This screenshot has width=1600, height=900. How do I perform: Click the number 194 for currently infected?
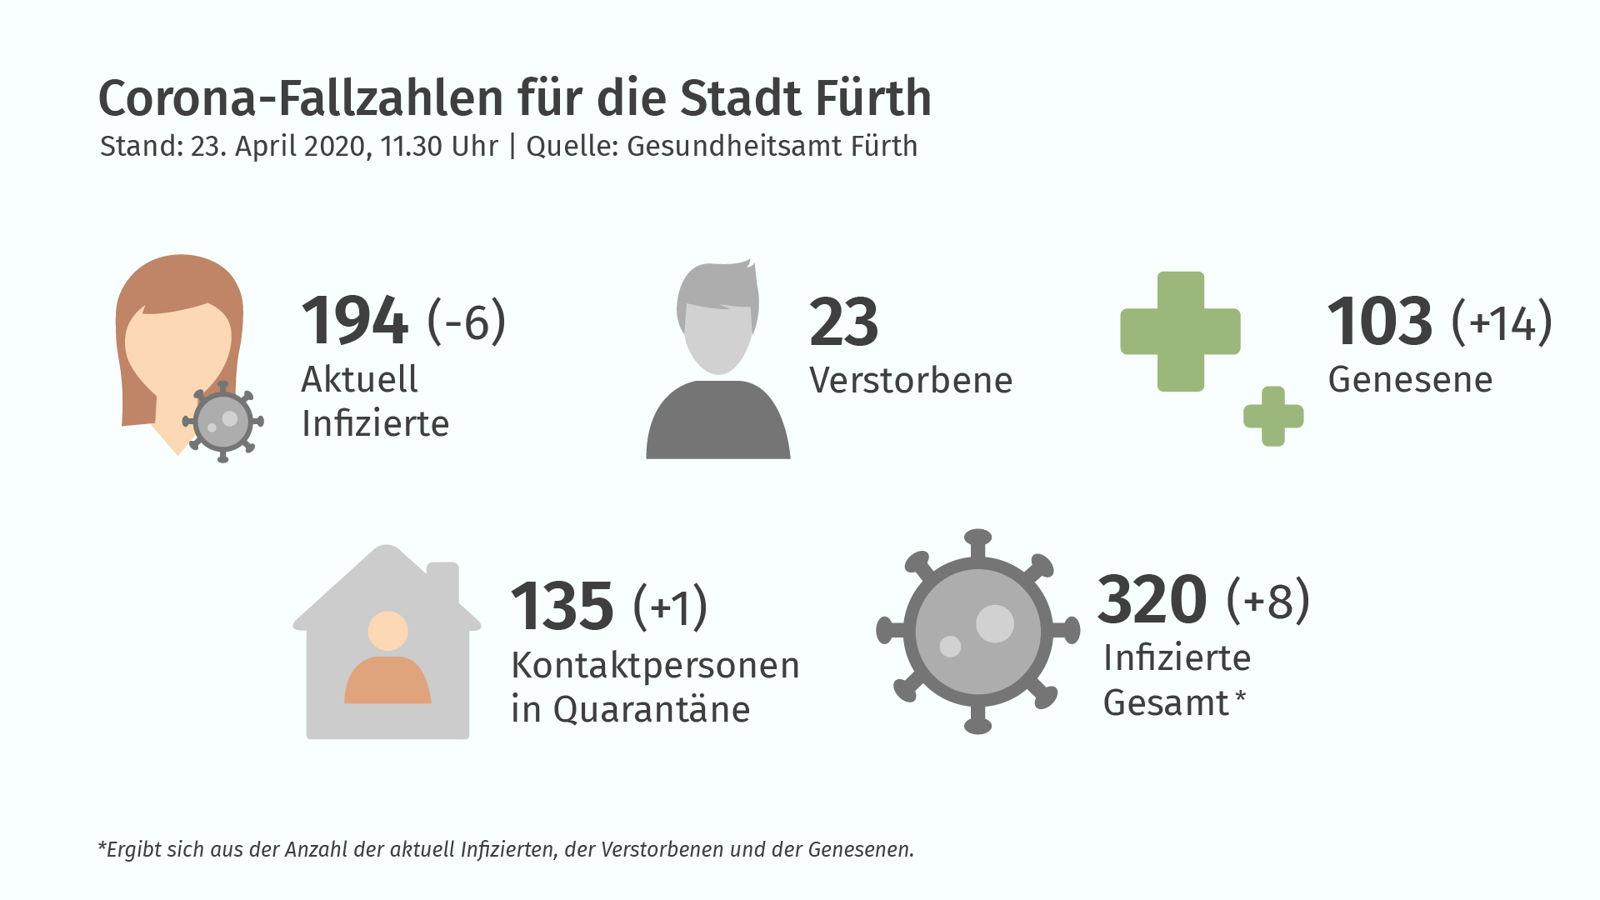pos(355,320)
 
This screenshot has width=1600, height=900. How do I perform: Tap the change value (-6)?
pos(467,321)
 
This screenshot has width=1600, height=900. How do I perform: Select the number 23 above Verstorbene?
pos(843,322)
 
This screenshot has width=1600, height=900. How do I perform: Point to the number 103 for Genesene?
pos(1380,321)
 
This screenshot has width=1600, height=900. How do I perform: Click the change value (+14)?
pos(1502,322)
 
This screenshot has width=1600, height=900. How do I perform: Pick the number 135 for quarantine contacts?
pos(562,606)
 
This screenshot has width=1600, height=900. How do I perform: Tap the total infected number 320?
pos(1152,599)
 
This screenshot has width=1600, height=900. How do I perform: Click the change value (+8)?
pos(1268,600)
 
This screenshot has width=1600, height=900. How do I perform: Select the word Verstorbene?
pos(911,381)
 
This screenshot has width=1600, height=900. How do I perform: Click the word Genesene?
pos(1410,380)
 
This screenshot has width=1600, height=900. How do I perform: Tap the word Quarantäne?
pos(652,710)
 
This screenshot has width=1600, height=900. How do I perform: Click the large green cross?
pos(1181,332)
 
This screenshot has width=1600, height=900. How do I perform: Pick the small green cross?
pos(1273,416)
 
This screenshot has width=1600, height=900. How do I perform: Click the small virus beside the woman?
pos(222,422)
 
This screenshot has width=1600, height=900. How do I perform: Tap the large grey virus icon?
pos(977,632)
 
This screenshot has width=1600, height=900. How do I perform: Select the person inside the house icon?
pos(387,657)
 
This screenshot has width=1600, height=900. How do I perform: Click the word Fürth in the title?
pos(873,98)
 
